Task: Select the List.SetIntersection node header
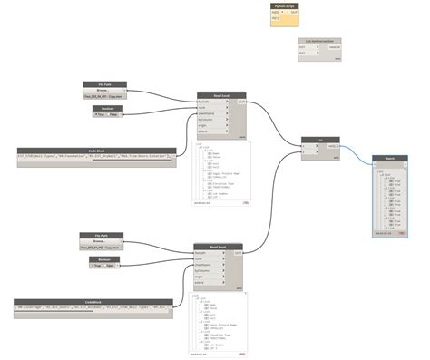pos(317,42)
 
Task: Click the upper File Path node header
pos(104,83)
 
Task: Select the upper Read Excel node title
pos(222,94)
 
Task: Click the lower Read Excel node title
pos(219,246)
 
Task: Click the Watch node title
pos(389,158)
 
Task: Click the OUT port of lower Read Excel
pos(238,252)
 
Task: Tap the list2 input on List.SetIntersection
pos(303,56)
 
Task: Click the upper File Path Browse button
pos(101,90)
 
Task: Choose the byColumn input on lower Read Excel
pos(204,271)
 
